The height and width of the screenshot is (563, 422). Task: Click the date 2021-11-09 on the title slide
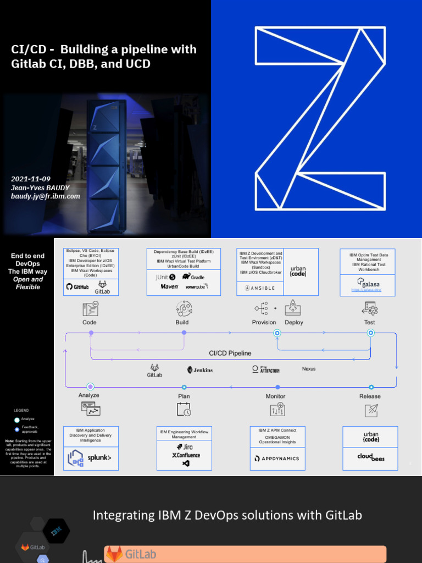coord(31,179)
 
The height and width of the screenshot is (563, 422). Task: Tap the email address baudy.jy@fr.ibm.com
coord(46,196)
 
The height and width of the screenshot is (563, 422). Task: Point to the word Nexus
coord(309,369)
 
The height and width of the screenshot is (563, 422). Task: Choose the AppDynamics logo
coord(277,458)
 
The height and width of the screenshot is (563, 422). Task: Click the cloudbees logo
coord(370,456)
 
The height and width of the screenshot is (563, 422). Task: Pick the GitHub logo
coord(77,287)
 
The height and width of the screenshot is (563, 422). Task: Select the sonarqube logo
coord(195,286)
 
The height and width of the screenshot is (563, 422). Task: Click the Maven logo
coord(169,286)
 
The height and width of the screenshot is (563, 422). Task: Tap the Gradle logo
coord(193,277)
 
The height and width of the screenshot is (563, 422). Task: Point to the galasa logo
coord(368,284)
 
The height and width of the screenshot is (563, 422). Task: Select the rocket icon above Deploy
coord(291,308)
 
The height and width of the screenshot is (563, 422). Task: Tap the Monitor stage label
coord(275,396)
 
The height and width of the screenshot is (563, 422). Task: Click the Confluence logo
coord(186,455)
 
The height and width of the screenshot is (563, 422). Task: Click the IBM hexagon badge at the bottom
coord(57,531)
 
